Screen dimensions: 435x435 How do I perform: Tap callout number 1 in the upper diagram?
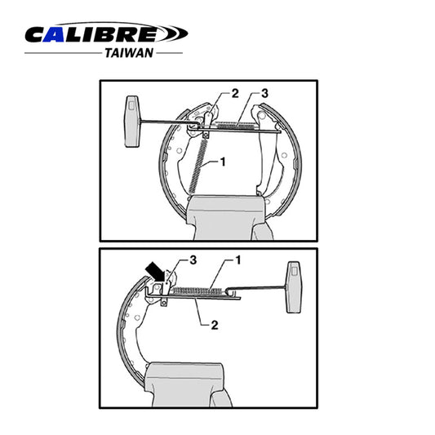point(221,163)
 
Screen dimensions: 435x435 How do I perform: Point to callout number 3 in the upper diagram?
point(264,93)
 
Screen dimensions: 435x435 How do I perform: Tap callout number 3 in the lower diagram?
point(193,260)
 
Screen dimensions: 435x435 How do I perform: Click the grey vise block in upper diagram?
point(224,216)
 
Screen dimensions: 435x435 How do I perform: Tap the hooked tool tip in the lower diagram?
point(232,288)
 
